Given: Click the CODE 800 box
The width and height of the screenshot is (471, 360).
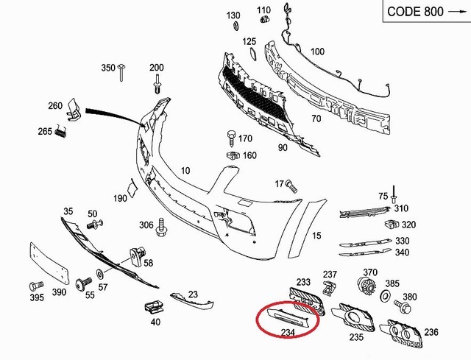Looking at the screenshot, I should (x=423, y=14).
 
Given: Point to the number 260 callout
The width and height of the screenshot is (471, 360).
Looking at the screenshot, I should (x=55, y=106).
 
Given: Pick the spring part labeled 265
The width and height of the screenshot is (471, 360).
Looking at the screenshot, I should (x=63, y=133).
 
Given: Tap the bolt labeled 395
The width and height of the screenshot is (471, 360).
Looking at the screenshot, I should (x=33, y=285).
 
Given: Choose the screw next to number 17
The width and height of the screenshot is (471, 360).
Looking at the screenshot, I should (x=289, y=183).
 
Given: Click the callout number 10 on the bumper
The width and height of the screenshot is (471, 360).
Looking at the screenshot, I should (x=185, y=171).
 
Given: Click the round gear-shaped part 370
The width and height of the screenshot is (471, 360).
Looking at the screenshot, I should (x=366, y=289).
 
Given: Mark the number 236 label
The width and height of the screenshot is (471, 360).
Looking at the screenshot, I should (x=431, y=332).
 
